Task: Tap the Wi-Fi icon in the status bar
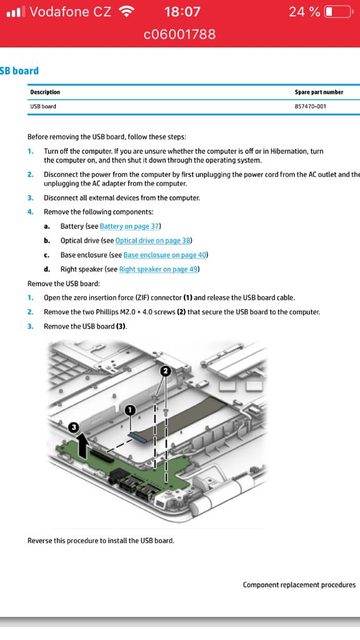(126, 11)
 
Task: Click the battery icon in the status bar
(338, 11)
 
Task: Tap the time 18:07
(182, 11)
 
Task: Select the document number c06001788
(179, 34)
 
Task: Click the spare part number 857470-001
(310, 106)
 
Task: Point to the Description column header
(45, 92)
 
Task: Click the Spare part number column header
(319, 92)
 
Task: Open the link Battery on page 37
(129, 226)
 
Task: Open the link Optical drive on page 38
(152, 241)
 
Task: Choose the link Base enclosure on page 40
(165, 255)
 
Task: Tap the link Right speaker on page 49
(158, 269)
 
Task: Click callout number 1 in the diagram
(130, 410)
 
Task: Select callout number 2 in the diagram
(165, 371)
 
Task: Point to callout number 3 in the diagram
(74, 427)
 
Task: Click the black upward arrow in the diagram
(82, 446)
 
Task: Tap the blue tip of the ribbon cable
(137, 436)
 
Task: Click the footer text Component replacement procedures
(299, 585)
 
